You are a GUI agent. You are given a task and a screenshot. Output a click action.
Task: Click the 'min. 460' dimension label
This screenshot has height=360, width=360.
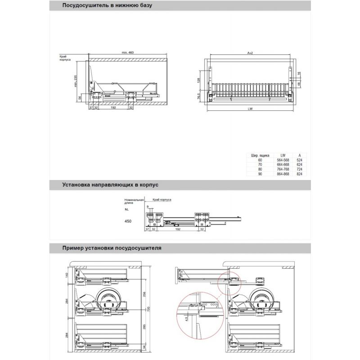128,53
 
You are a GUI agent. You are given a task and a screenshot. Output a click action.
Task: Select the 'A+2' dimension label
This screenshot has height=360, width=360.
250,53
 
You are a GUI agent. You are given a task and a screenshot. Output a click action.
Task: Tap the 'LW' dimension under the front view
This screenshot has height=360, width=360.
250,109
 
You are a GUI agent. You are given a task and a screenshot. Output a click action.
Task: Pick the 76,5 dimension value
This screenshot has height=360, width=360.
198,96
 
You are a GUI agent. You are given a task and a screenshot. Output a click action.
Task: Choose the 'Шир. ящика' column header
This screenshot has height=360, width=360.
260,156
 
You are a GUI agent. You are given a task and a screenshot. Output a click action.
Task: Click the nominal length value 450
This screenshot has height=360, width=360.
128,221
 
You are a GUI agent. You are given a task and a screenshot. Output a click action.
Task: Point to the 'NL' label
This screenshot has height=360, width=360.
127,209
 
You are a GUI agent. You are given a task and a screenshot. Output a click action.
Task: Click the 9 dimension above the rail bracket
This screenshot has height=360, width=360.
147,206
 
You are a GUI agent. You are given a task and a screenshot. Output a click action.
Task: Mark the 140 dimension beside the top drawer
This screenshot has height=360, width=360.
66,275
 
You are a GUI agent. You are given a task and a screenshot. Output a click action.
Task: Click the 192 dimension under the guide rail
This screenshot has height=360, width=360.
178,229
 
